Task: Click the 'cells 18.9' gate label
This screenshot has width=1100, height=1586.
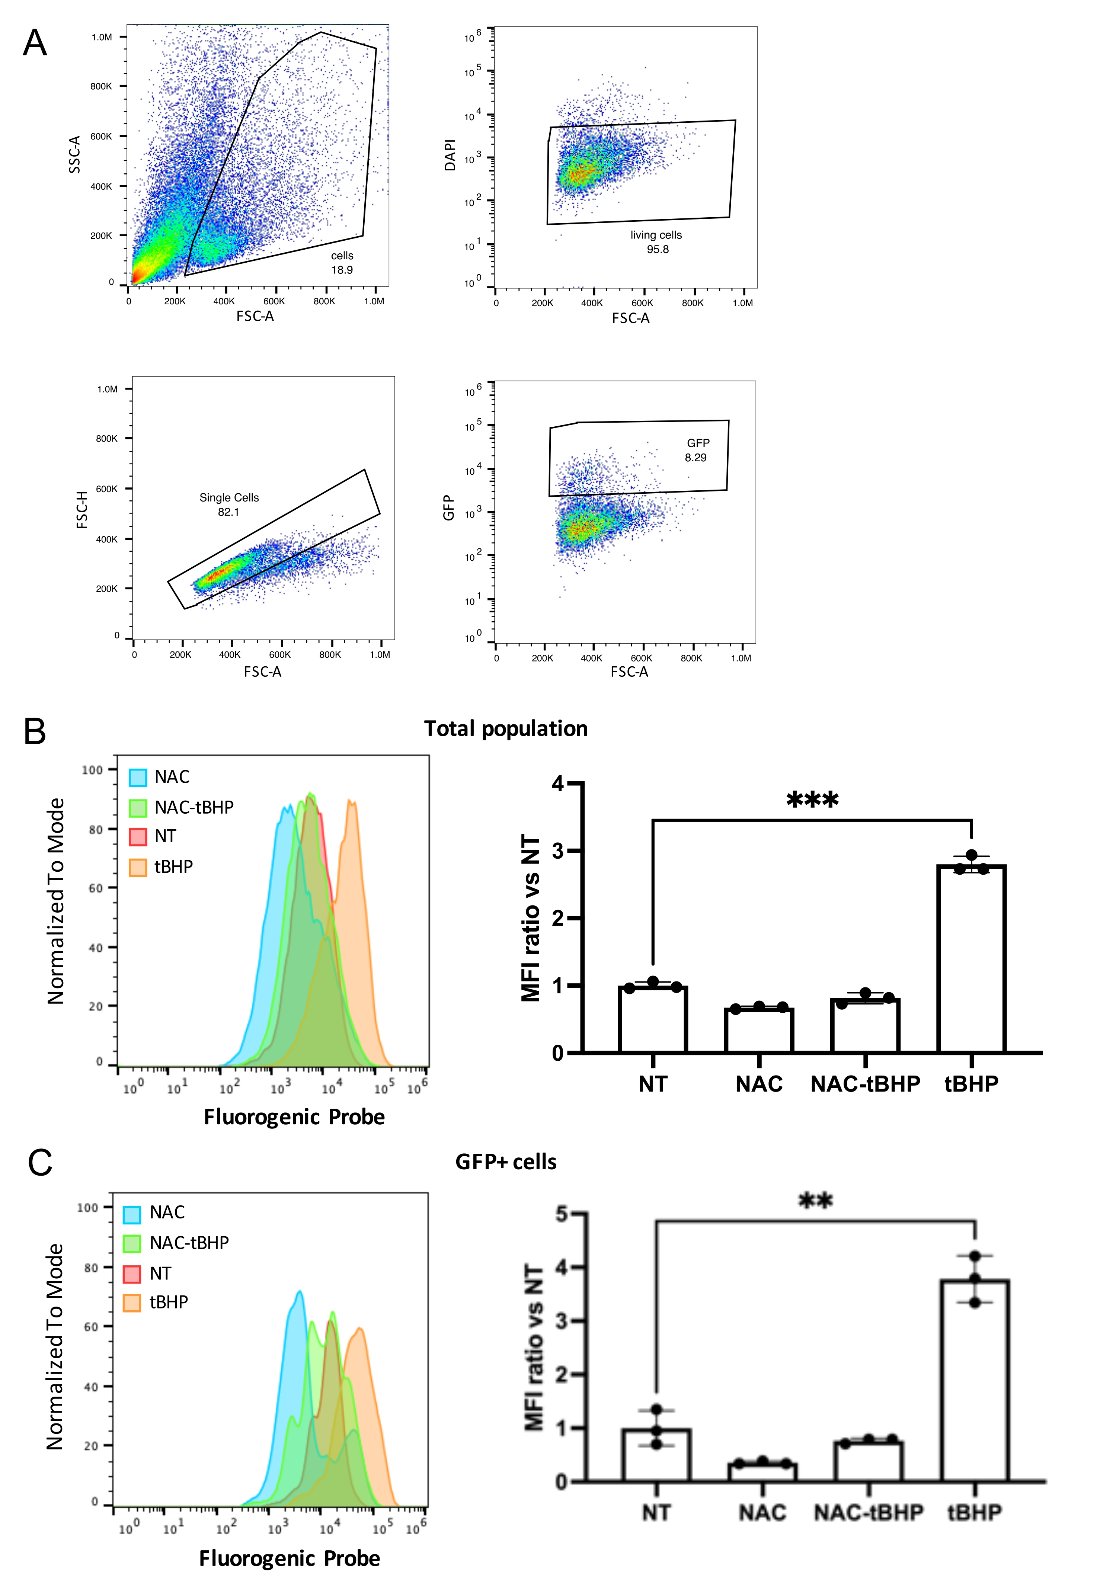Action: (342, 263)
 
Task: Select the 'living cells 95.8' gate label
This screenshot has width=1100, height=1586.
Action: (656, 242)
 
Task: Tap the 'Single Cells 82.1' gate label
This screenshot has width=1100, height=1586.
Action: (229, 504)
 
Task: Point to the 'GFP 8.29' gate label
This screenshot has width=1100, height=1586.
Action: (697, 450)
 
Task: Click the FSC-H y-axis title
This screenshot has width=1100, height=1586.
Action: (82, 510)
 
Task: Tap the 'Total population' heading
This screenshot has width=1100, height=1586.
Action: (505, 729)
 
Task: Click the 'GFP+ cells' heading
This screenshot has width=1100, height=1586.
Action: (505, 1162)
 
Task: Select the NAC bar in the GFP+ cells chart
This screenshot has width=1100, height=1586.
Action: (762, 1472)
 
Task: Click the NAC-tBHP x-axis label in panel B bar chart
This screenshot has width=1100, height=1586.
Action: (865, 1084)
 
